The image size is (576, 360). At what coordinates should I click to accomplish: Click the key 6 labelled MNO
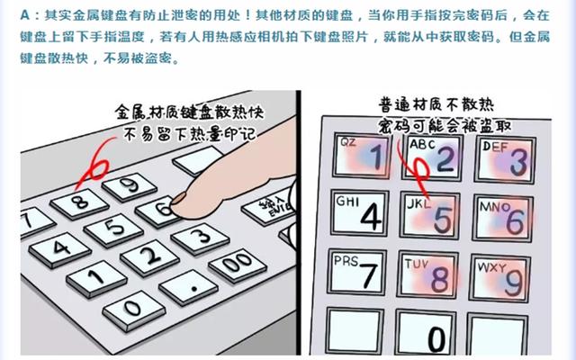click(x=504, y=219)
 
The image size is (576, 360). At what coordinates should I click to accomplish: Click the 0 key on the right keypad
click(x=432, y=335)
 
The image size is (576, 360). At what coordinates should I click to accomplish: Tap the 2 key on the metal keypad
click(x=148, y=259)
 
